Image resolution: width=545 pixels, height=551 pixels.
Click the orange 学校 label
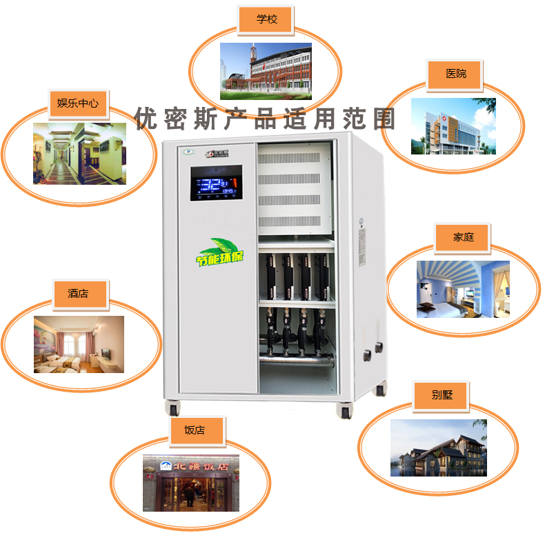[x=266, y=20]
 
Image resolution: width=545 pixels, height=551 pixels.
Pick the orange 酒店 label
[x=78, y=294]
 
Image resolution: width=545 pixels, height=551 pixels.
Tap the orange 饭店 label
[x=195, y=430]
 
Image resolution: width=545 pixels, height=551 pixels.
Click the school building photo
[x=266, y=71]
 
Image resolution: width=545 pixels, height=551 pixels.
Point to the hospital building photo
[x=453, y=126]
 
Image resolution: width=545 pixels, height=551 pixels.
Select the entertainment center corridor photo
[x=79, y=153]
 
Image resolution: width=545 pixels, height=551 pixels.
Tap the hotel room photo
[x=79, y=344]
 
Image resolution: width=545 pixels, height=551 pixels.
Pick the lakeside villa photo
[x=438, y=448]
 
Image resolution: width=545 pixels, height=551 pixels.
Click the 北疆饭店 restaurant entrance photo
[x=191, y=483]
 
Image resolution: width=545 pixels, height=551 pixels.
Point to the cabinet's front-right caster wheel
[x=344, y=410]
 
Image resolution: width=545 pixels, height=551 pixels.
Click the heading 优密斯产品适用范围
[x=266, y=119]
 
